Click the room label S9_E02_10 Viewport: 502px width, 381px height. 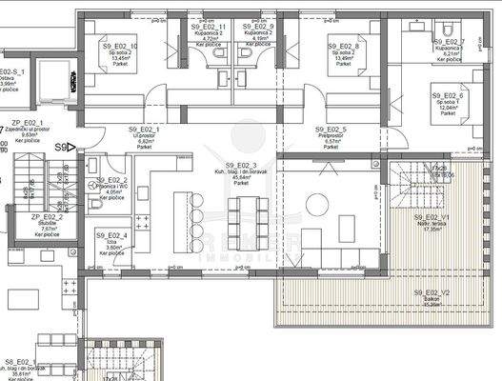pos(121,46)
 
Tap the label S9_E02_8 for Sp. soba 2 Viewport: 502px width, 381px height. pos(344,46)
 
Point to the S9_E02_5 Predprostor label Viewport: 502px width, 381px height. pos(331,129)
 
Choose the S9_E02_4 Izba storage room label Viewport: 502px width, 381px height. pos(111,235)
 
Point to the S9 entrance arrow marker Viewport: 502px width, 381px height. pos(65,148)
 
